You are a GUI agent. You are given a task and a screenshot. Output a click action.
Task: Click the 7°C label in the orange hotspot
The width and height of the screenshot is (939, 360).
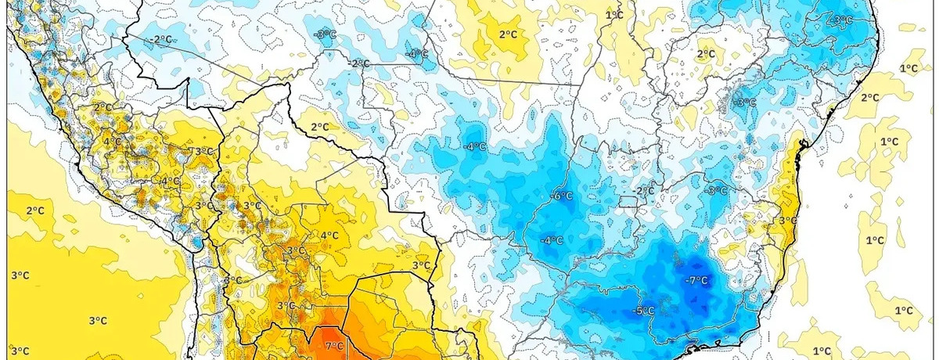(333, 346)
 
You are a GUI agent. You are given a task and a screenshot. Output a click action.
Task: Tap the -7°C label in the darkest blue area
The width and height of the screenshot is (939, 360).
(696, 280)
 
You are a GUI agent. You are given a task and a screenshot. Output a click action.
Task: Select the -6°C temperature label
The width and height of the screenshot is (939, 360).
(563, 196)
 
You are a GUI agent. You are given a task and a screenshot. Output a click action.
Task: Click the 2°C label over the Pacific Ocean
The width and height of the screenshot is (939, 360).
(34, 211)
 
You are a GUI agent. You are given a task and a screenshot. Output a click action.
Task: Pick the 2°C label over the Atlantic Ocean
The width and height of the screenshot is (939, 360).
(871, 98)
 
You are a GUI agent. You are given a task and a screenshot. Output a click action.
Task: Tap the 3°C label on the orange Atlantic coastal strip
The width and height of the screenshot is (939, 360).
(786, 221)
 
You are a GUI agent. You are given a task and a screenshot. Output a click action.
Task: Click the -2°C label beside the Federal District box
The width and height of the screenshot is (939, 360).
(644, 191)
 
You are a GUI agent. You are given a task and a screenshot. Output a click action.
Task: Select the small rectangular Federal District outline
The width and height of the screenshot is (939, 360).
(629, 202)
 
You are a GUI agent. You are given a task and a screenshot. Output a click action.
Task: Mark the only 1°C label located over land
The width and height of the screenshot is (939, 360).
(614, 15)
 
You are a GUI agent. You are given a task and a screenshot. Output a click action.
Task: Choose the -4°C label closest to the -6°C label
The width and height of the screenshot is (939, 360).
(552, 239)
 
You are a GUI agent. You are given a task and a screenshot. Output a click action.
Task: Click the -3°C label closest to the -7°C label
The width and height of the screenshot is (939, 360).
(716, 190)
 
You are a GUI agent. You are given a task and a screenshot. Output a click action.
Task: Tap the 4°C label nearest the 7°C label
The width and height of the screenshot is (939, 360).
(329, 235)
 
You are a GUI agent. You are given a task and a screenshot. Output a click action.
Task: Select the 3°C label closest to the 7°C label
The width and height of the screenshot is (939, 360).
(286, 305)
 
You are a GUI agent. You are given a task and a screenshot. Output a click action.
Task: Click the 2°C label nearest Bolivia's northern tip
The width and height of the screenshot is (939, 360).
(319, 127)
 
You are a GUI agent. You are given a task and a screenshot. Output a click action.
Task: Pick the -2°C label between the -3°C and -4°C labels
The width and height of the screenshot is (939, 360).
(360, 63)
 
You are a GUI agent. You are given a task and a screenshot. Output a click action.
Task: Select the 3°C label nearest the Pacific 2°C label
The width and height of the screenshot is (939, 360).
(20, 275)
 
